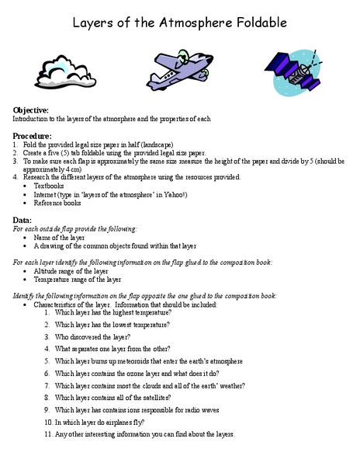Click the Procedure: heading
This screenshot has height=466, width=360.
[x=33, y=136]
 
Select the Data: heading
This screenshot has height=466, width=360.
[x=24, y=221]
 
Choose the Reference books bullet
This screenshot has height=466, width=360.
[x=57, y=203]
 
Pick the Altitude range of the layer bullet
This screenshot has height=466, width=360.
[x=76, y=271]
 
